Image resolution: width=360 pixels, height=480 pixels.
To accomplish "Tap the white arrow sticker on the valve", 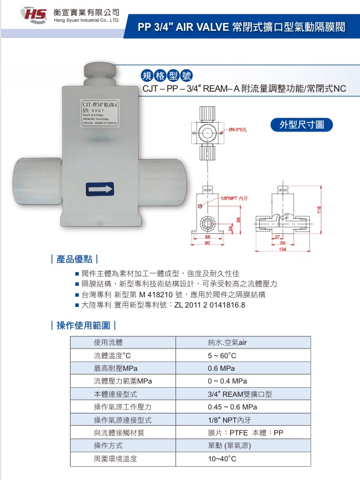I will click(x=100, y=189).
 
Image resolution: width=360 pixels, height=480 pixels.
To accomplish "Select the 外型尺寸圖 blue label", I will click(x=302, y=125).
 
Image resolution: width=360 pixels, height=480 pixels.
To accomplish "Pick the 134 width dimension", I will click(x=282, y=249).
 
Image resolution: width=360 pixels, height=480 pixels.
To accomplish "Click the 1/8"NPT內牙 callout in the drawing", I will click(x=235, y=198).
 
